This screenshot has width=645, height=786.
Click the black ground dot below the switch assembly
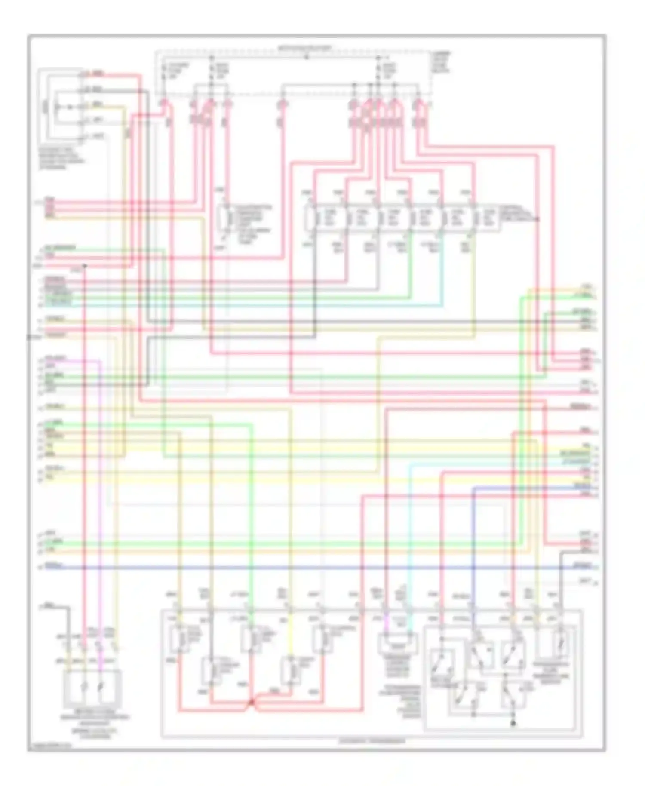(x=513, y=723)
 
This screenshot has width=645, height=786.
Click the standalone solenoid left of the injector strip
(x=224, y=218)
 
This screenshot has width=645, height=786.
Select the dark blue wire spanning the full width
(x=318, y=568)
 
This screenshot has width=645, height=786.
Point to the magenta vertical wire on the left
(x=100, y=494)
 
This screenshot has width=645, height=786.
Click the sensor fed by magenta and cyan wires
(x=398, y=644)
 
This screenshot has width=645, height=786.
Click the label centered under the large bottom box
(x=372, y=741)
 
